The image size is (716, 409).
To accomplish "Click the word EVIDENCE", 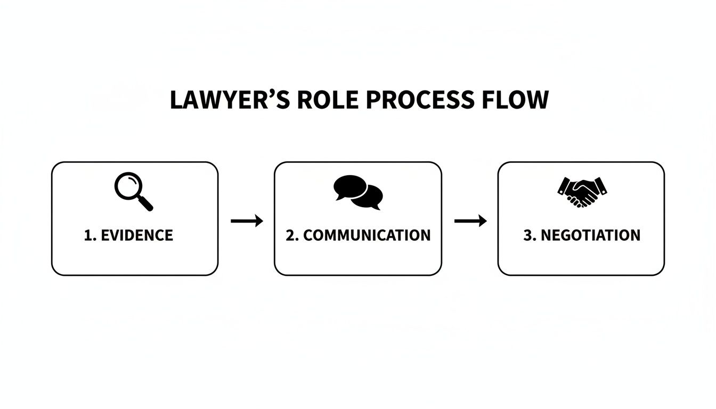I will pos(136,235).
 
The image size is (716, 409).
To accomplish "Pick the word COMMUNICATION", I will pos(367,235).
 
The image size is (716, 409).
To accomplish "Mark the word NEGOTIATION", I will pos(590,235).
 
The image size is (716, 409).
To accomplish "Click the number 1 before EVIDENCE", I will pos(88,235).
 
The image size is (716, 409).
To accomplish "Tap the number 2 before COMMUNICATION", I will pos(290,235).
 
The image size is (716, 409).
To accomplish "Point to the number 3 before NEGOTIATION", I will pos(527,235).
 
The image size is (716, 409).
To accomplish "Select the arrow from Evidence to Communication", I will pos(247,220).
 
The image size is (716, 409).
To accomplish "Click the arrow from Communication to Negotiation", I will pos(470,220).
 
